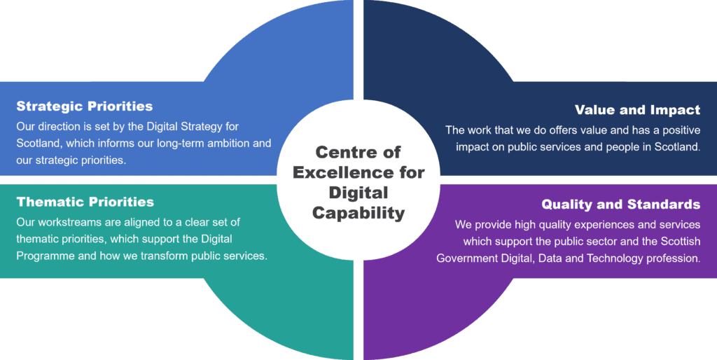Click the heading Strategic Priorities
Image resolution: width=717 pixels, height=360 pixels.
click(84, 107)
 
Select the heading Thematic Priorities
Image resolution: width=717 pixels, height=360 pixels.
click(85, 202)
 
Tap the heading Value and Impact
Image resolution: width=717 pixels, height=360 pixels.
click(637, 110)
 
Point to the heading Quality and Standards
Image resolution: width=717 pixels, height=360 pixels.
click(620, 205)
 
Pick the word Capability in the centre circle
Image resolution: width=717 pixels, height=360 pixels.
click(358, 212)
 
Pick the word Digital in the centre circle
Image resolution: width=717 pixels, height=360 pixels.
click(358, 193)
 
